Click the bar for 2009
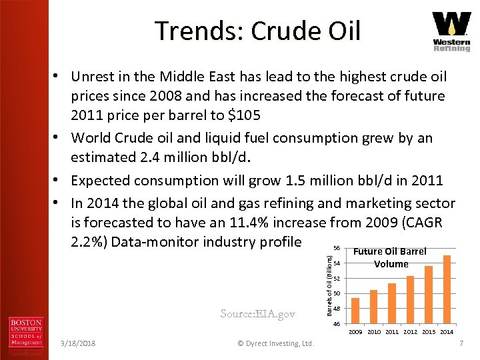(355, 311)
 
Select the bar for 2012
(410, 299)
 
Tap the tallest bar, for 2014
(447, 289)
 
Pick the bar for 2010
(373, 307)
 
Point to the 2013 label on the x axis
(429, 331)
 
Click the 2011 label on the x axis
(392, 331)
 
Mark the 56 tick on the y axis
(337, 248)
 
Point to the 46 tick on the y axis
(337, 324)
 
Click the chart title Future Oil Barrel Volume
(391, 258)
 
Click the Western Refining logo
(451, 31)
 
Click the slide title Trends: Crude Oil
(257, 31)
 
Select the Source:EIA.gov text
(257, 313)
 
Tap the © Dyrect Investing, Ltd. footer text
(275, 343)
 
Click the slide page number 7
(460, 343)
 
